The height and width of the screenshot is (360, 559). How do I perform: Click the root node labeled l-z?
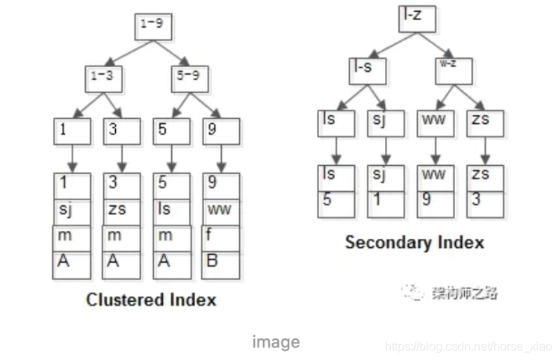point(416,16)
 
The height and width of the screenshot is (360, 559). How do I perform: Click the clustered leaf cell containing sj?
point(72,211)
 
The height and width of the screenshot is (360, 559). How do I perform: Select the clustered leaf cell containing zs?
point(122,211)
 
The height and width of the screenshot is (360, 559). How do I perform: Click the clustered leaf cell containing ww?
point(220,211)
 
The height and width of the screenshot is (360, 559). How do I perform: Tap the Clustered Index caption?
point(151,300)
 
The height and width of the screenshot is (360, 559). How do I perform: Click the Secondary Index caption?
point(414,242)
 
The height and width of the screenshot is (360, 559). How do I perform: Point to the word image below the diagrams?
point(276,342)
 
